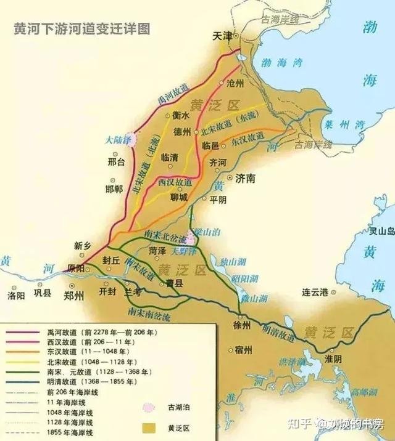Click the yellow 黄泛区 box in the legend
point(146,426)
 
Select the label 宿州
point(244,350)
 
